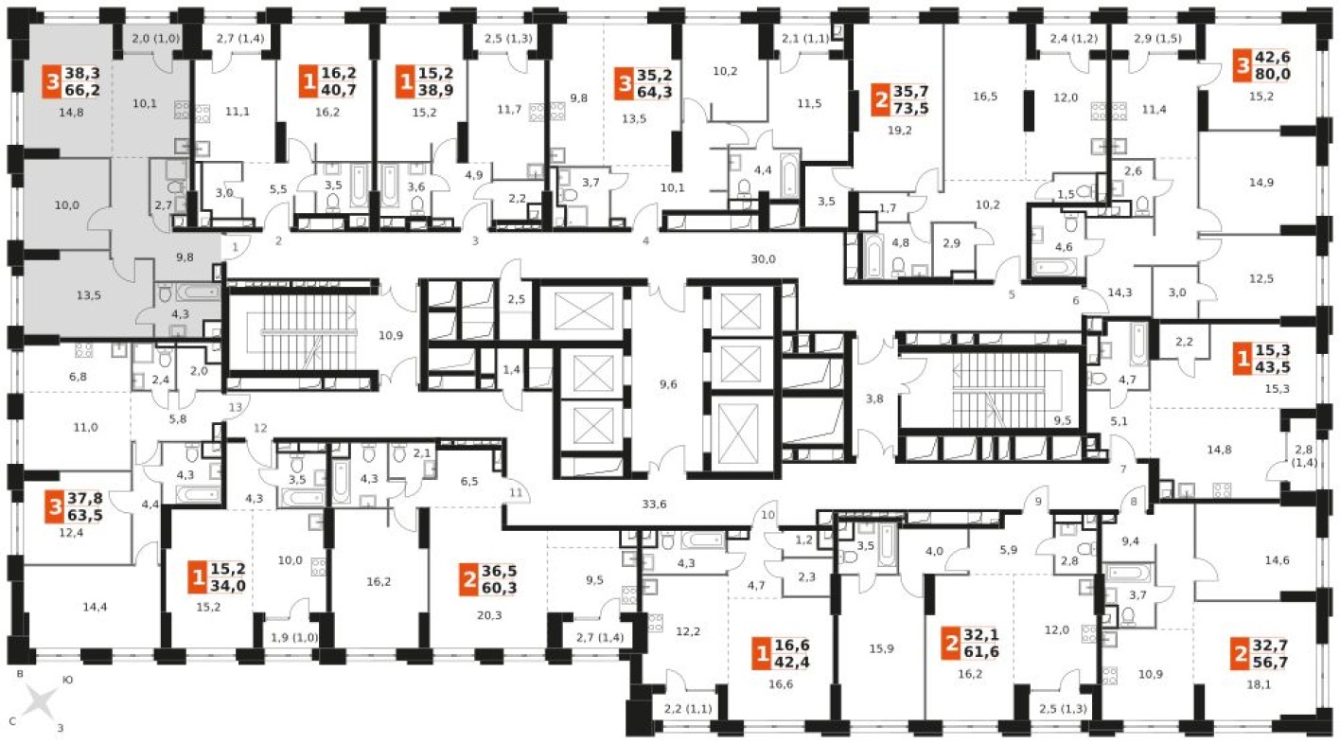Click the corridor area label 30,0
pos(764,259)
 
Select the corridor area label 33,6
pos(654,504)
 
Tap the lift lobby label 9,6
pos(668,384)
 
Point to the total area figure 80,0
pos(1273,74)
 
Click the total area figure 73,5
pos(911,108)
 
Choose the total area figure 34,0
pos(228,585)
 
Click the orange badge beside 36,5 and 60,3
pos(469,579)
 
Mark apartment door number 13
pos(236,407)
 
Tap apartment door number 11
pos(516,492)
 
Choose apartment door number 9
pos(1038,502)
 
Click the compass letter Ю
pos(67,680)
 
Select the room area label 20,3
pos(489,615)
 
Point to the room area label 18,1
pos(1259,684)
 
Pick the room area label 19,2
pos(900,131)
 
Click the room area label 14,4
pos(95,607)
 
